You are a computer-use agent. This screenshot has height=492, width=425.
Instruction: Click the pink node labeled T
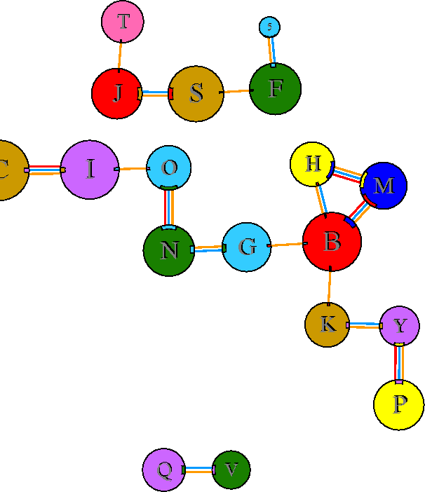pyautogui.click(x=123, y=22)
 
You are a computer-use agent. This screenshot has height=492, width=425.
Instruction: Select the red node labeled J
pyautogui.click(x=117, y=93)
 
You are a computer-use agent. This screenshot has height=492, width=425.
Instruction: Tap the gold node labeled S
pyautogui.click(x=196, y=93)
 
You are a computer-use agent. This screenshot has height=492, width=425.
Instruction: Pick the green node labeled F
pyautogui.click(x=276, y=89)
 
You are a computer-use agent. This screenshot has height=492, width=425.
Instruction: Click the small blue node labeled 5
pyautogui.click(x=269, y=27)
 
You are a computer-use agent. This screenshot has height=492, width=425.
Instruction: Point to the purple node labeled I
pyautogui.click(x=90, y=170)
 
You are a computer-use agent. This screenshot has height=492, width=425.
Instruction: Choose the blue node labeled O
pyautogui.click(x=169, y=168)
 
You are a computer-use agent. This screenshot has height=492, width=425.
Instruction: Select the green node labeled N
pyautogui.click(x=169, y=250)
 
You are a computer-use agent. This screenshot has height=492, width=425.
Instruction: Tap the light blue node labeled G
pyautogui.click(x=247, y=247)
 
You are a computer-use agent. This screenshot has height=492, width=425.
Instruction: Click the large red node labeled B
pyautogui.click(x=332, y=242)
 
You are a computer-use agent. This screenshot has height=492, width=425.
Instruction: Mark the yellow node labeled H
pyautogui.click(x=313, y=165)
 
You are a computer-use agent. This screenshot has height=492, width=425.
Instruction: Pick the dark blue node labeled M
pyautogui.click(x=384, y=186)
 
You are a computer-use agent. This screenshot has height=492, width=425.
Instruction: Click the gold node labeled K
pyautogui.click(x=328, y=324)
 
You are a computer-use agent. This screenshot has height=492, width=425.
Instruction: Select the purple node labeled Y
pyautogui.click(x=400, y=326)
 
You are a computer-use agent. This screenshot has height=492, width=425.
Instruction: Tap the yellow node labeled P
pyautogui.click(x=399, y=404)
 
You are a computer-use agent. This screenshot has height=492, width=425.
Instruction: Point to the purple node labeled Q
pyautogui.click(x=164, y=470)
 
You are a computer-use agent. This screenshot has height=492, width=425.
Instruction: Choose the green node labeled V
pyautogui.click(x=231, y=470)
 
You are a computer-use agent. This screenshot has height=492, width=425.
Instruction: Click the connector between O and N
pyautogui.click(x=168, y=208)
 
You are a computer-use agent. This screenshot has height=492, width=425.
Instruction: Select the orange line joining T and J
pyautogui.click(x=120, y=55)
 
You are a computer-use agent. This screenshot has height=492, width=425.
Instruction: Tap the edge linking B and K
pyautogui.click(x=330, y=286)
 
